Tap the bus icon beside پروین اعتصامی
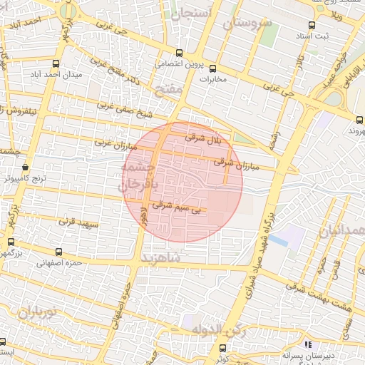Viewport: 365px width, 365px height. tap(179, 53)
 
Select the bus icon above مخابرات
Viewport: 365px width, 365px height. tap(212, 68)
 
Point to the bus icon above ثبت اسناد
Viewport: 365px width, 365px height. tap(302, 34)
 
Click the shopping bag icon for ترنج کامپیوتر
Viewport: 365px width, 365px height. tap(26, 168)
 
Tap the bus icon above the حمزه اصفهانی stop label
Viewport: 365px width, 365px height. tap(58, 252)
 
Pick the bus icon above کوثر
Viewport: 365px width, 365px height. tap(222, 348)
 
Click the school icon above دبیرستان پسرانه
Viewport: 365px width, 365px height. tap(307, 345)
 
